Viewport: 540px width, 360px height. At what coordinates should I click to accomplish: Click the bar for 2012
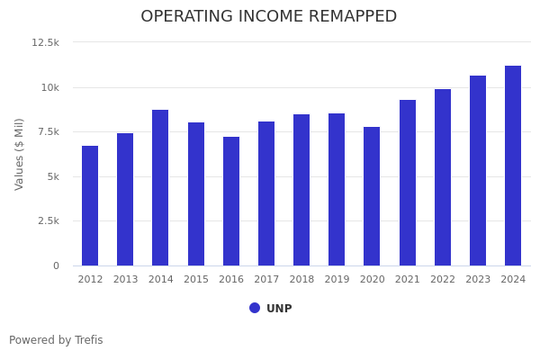pyautogui.click(x=90, y=205)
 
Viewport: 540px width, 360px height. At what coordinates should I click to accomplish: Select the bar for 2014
pyautogui.click(x=160, y=187)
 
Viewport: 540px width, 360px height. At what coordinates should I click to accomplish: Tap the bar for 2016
pyautogui.click(x=231, y=201)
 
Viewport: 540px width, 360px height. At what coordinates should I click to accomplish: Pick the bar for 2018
pyautogui.click(x=301, y=190)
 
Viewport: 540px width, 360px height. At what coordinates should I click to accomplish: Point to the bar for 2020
pyautogui.click(x=372, y=196)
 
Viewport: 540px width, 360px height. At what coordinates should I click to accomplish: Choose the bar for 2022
pyautogui.click(x=443, y=177)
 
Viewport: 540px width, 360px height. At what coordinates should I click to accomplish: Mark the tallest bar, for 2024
pyautogui.click(x=513, y=166)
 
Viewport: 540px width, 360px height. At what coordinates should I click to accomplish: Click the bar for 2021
pyautogui.click(x=408, y=183)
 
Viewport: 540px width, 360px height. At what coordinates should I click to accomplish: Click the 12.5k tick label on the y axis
pyautogui.click(x=45, y=42)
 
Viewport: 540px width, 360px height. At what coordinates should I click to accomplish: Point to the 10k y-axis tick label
pyautogui.click(x=49, y=87)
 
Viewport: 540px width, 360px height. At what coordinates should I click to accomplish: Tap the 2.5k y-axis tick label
pyautogui.click(x=47, y=220)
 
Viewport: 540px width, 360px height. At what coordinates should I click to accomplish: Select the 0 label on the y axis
pyautogui.click(x=56, y=265)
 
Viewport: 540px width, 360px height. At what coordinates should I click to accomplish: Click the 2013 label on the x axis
pyautogui.click(x=125, y=280)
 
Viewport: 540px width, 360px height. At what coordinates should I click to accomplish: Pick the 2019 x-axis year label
pyautogui.click(x=337, y=280)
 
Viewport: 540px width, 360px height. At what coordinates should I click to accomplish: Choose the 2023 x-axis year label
pyautogui.click(x=478, y=280)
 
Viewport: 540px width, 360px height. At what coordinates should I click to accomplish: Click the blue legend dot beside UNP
pyautogui.click(x=255, y=308)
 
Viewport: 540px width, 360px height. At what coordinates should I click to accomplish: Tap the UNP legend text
pyautogui.click(x=279, y=309)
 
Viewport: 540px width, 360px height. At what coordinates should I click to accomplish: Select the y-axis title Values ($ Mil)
pyautogui.click(x=20, y=154)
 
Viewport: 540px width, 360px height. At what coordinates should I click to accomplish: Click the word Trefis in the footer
pyautogui.click(x=87, y=340)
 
